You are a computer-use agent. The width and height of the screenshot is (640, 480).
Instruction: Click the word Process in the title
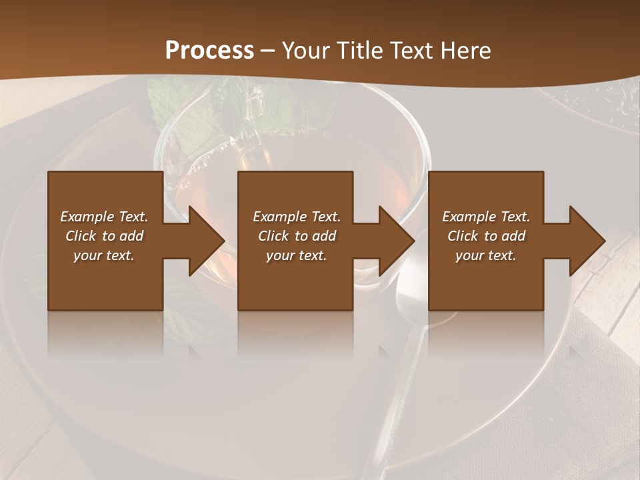click(x=209, y=51)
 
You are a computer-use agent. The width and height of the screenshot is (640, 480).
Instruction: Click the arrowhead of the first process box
click(x=205, y=241)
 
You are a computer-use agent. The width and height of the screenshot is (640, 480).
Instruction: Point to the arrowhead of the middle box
click(x=396, y=241)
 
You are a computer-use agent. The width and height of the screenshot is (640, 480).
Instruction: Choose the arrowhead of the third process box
click(x=586, y=241)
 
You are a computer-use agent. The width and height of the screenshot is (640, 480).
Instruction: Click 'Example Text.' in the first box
click(x=104, y=217)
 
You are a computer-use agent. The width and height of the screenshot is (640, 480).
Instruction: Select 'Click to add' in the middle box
click(x=297, y=236)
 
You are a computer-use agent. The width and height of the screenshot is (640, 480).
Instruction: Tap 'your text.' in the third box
click(x=486, y=255)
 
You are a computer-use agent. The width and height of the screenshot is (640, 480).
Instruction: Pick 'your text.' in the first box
click(x=104, y=255)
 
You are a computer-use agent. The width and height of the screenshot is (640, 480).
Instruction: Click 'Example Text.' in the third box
click(x=486, y=217)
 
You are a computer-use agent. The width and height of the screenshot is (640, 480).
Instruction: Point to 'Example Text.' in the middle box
click(x=297, y=217)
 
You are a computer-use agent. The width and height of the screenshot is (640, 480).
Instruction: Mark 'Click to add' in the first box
click(x=104, y=236)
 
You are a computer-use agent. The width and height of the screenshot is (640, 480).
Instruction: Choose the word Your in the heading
click(x=305, y=51)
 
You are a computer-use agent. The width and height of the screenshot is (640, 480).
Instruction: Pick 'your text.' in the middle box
click(x=297, y=255)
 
